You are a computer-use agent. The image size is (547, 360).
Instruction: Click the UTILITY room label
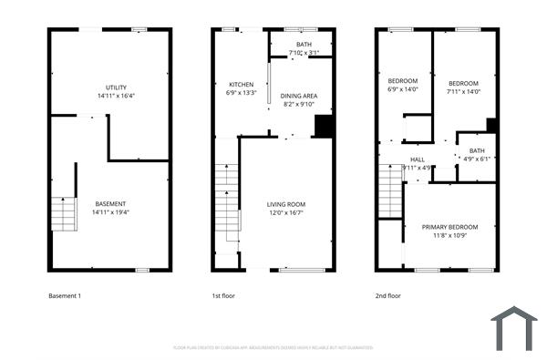117,87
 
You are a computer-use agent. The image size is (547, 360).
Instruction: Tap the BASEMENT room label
110,203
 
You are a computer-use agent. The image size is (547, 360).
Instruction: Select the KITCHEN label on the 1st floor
228,84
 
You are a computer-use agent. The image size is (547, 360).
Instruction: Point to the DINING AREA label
298,96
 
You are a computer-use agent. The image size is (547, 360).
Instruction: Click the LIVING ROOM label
285,204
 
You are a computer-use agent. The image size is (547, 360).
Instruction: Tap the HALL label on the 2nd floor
417,159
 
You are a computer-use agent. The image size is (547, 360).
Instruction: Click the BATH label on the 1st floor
303,45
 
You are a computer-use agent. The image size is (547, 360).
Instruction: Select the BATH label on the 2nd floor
477,150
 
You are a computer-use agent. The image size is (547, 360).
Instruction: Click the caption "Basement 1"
66,295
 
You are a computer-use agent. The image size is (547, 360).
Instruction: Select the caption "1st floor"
223,295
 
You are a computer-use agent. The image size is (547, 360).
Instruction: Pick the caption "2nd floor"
388,295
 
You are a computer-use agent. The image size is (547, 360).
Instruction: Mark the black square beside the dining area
322,126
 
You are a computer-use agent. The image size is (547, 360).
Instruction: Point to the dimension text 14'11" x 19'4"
110,211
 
